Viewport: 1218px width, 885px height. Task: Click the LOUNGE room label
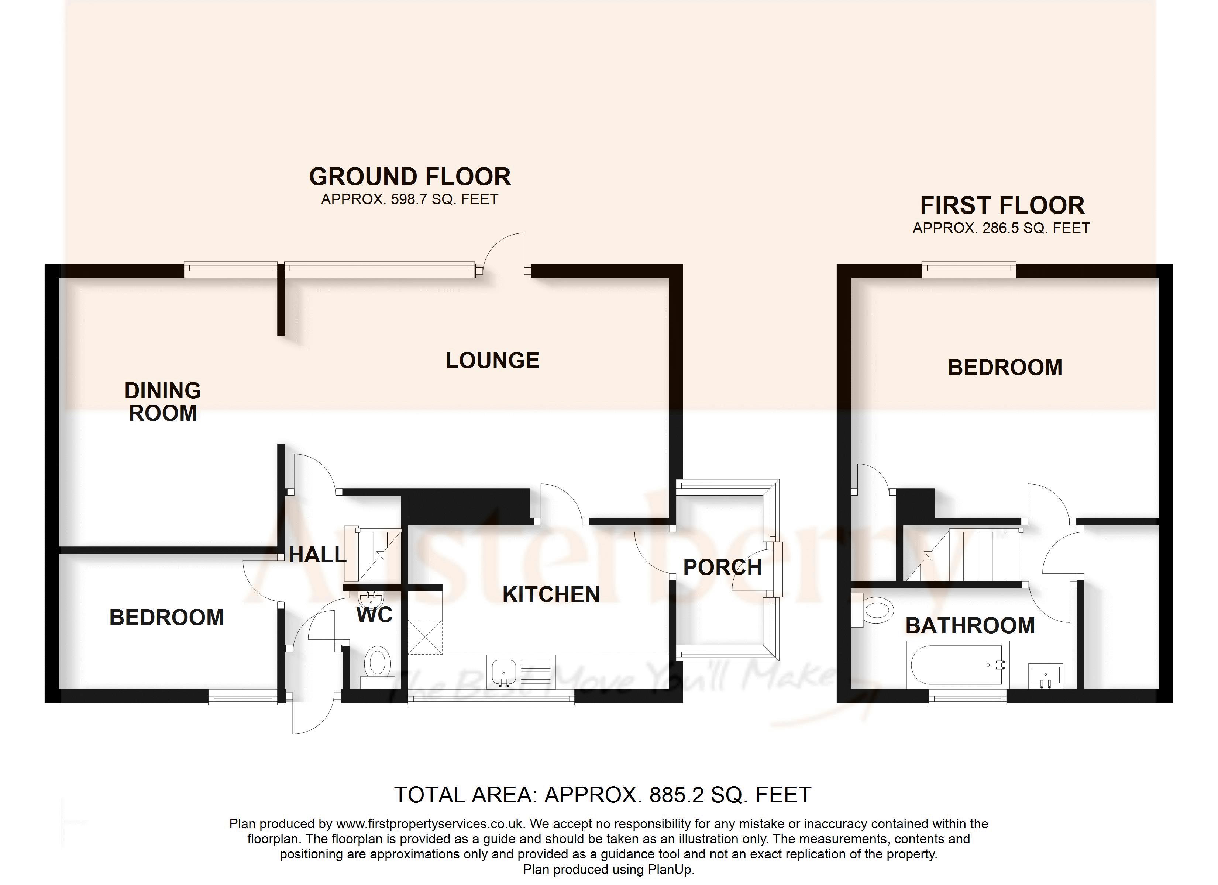point(492,360)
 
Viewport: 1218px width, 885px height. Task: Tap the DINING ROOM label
point(163,402)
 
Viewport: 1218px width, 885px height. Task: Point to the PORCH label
point(722,567)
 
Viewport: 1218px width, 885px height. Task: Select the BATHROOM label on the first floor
point(970,626)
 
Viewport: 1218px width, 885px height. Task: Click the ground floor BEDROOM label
point(166,618)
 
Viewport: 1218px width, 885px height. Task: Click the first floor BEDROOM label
point(1005,368)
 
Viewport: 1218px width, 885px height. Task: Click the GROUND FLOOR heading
point(410,177)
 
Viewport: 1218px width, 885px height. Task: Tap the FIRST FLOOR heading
point(1002,205)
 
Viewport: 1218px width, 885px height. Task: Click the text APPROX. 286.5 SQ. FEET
point(1001,228)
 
